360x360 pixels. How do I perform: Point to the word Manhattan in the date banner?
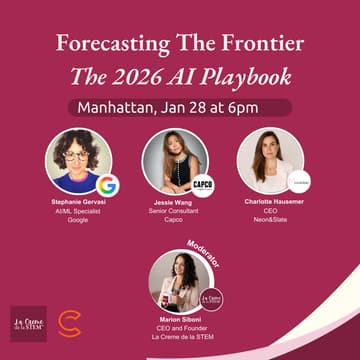pyautogui.click(x=117, y=107)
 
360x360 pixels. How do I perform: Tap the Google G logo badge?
pyautogui.click(x=106, y=185)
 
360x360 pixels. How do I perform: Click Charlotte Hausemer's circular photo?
pyautogui.click(x=270, y=160)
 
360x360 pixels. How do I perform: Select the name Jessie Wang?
pyautogui.click(x=180, y=202)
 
